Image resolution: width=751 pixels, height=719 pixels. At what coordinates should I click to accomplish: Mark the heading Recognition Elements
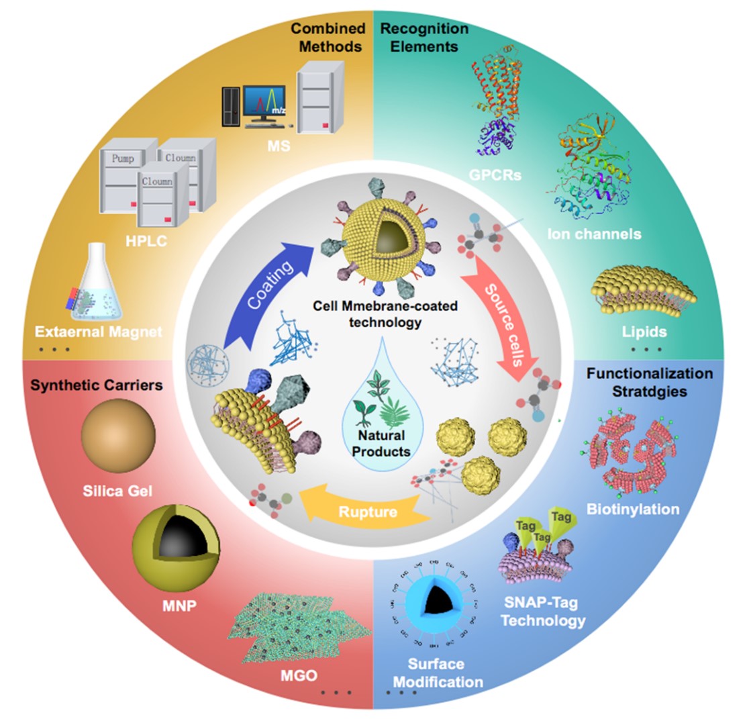(424, 38)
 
